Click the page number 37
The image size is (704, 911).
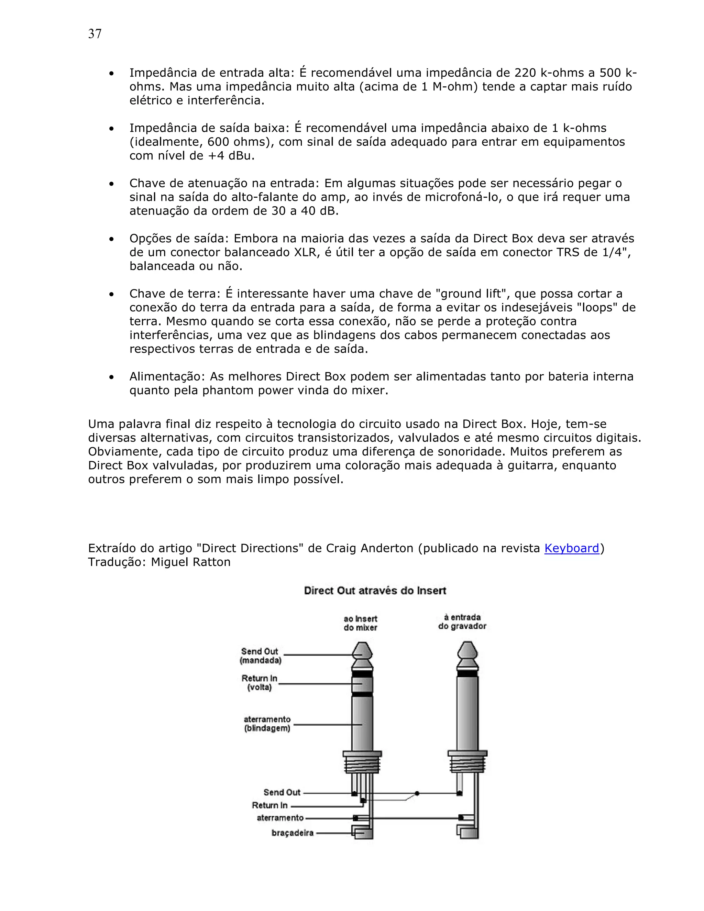[95, 34]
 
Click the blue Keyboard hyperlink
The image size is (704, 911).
[571, 548]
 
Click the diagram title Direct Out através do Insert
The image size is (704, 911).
[375, 591]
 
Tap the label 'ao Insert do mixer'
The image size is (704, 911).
[360, 623]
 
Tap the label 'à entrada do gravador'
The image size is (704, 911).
[462, 622]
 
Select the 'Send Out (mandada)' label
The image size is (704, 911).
[260, 656]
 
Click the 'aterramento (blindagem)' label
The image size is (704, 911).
[267, 724]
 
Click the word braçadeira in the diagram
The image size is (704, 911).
[293, 833]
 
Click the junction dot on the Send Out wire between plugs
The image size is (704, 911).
[417, 793]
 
